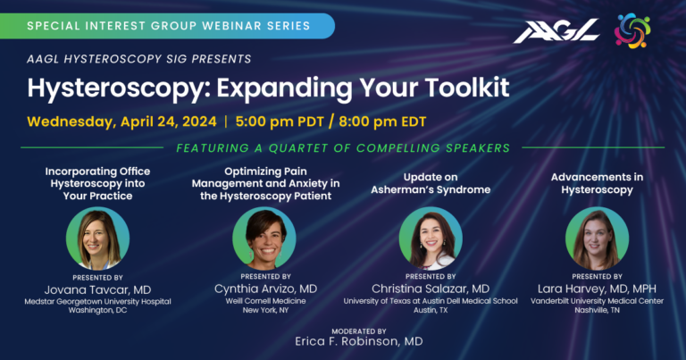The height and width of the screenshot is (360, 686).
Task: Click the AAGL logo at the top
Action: point(555,31)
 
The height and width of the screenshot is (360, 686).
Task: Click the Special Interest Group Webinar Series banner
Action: point(168,26)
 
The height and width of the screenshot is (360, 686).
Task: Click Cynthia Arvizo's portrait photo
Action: point(264,236)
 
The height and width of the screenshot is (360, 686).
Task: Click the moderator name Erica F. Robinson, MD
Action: point(358,341)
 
